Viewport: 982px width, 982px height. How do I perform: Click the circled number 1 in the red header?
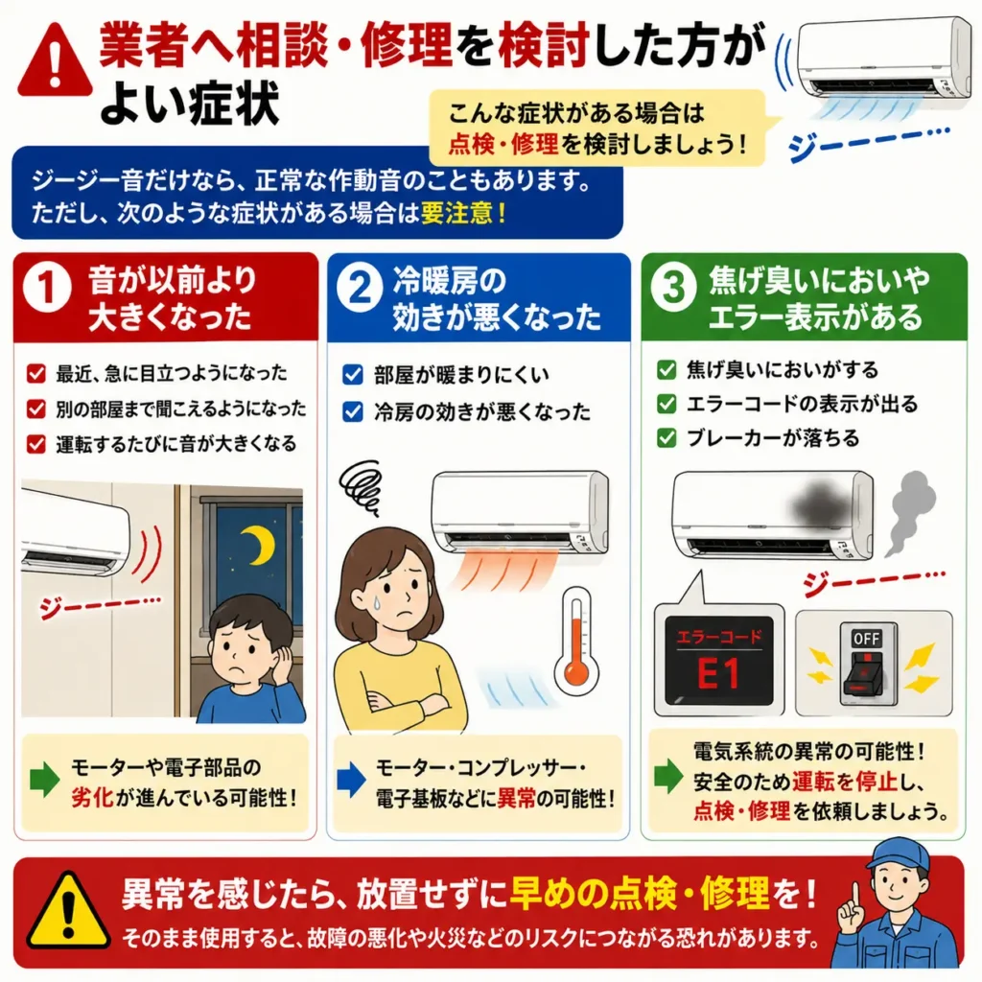pos(47,288)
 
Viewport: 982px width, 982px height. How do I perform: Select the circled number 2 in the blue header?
pos(360,288)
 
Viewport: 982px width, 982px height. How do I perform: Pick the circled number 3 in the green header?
pos(674,288)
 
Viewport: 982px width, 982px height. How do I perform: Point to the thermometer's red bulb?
pos(575,674)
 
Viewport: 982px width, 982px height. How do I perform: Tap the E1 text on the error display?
pos(717,674)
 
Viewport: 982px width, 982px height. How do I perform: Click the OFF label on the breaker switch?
pos(866,638)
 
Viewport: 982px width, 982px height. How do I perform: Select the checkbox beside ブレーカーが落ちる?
pos(666,437)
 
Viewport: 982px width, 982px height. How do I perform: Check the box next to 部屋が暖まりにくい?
pos(353,375)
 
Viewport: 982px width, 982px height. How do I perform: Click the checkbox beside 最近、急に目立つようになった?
pos(36,373)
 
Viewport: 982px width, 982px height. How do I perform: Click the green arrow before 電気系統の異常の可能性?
pos(668,776)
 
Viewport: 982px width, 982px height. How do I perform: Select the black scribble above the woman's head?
pos(361,486)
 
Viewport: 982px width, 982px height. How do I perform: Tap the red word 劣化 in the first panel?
pos(91,798)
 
